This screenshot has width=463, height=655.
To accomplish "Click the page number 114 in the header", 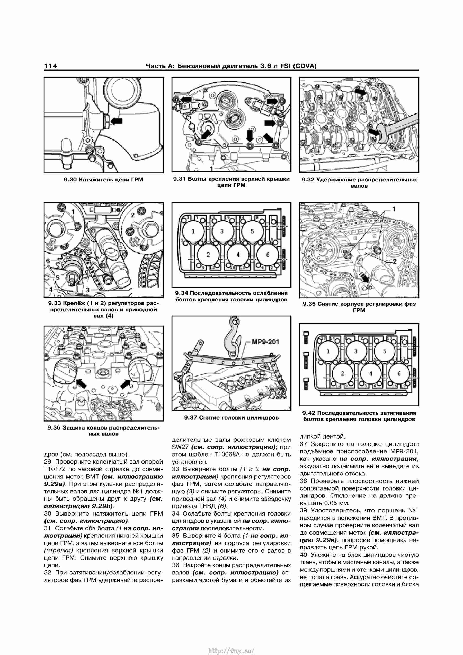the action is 50,66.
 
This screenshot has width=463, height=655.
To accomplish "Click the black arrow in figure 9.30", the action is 116,121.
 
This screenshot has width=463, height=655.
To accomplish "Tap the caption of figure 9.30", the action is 103,180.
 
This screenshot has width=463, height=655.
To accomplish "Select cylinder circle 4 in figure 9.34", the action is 238,255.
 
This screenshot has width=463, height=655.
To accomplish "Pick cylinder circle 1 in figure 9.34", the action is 193,231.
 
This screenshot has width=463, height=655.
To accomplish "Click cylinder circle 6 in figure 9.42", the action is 399,373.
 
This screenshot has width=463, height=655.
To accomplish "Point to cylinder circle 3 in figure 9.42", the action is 355,351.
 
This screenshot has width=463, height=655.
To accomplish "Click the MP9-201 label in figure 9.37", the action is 265,342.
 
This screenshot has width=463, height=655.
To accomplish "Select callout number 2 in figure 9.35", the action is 395,261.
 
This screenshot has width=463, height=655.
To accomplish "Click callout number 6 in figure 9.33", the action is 48,261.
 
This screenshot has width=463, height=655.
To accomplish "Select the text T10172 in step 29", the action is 54,469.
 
